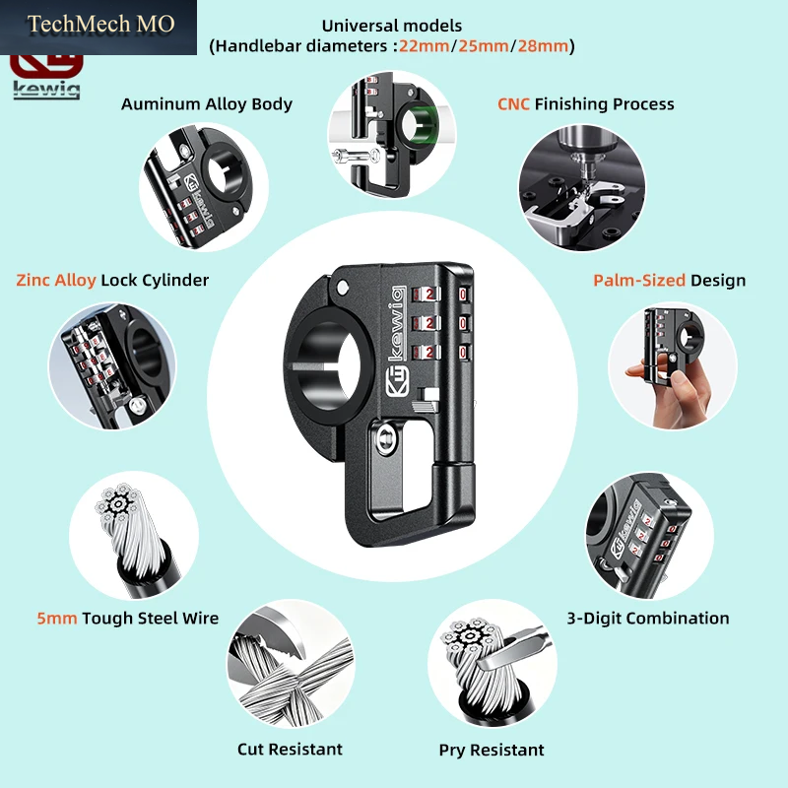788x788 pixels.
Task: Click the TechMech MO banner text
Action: click(x=100, y=24)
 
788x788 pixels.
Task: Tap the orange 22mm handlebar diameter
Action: click(x=425, y=46)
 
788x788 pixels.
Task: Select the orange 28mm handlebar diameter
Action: click(x=543, y=46)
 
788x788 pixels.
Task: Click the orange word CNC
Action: click(x=513, y=104)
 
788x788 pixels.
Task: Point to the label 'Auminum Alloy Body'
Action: click(x=207, y=104)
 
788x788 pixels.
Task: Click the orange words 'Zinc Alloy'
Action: click(x=56, y=280)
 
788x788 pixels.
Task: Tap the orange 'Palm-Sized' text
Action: click(x=639, y=280)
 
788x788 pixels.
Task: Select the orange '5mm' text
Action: click(x=57, y=619)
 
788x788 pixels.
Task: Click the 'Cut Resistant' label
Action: click(x=290, y=750)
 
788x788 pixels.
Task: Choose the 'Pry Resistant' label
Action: click(x=492, y=750)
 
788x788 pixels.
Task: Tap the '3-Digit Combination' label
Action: click(x=648, y=619)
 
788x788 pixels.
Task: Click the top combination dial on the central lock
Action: click(x=427, y=294)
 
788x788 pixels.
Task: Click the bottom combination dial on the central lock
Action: click(x=427, y=353)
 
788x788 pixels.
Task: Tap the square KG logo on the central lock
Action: click(x=398, y=382)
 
